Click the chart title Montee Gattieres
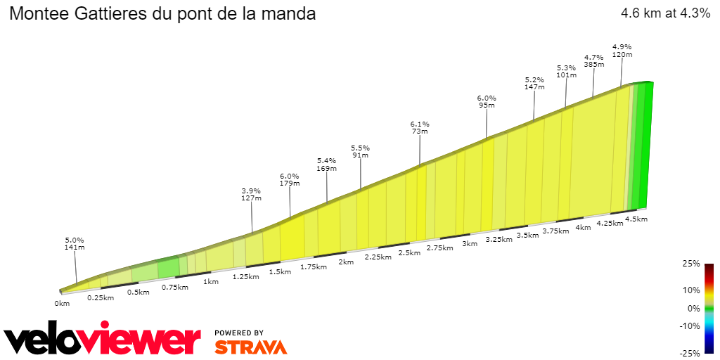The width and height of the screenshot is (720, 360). coord(162,14)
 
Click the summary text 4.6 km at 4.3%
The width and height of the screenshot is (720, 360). coord(665,13)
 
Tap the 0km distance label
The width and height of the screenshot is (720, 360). coord(62,304)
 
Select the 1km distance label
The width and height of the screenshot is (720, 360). coord(210,281)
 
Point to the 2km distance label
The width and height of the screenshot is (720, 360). coord(346,262)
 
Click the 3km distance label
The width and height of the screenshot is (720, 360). coord(470,244)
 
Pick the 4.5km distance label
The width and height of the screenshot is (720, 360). coord(636,219)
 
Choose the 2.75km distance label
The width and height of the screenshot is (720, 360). coord(439,248)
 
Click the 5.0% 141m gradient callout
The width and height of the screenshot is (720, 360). coord(75,243)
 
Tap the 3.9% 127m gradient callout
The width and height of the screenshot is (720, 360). coord(251,194)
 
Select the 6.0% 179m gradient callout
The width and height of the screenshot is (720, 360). coord(290,180)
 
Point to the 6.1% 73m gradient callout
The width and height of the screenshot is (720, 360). coord(420,128)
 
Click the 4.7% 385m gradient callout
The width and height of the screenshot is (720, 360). coord(594,60)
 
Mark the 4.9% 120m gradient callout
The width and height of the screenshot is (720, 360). coord(622,51)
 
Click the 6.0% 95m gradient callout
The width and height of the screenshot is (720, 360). coord(487,102)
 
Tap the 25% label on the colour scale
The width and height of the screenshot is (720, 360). coord(691,264)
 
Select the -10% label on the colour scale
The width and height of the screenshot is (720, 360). coord(690,326)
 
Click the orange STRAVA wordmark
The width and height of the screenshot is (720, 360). coord(250,347)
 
